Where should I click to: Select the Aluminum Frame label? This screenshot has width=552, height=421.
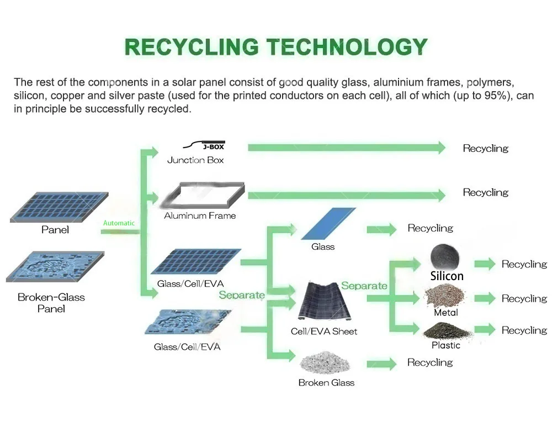[x=200, y=216]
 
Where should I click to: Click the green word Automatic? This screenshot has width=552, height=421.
[x=119, y=223]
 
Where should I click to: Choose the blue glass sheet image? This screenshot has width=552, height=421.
[x=329, y=224]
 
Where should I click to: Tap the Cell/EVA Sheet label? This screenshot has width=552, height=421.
[x=324, y=331]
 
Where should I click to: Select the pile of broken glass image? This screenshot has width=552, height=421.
[x=326, y=362]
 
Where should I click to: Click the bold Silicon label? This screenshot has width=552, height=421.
[x=447, y=276]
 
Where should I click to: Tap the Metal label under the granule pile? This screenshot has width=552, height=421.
[x=445, y=313]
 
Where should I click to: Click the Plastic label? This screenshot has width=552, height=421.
[x=445, y=345]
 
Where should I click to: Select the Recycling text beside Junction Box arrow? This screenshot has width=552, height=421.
[x=485, y=148]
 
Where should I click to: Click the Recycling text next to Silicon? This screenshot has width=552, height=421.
[x=524, y=264]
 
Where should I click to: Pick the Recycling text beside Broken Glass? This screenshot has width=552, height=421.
[x=430, y=362]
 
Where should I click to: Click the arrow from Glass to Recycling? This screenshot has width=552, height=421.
[x=381, y=229]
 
